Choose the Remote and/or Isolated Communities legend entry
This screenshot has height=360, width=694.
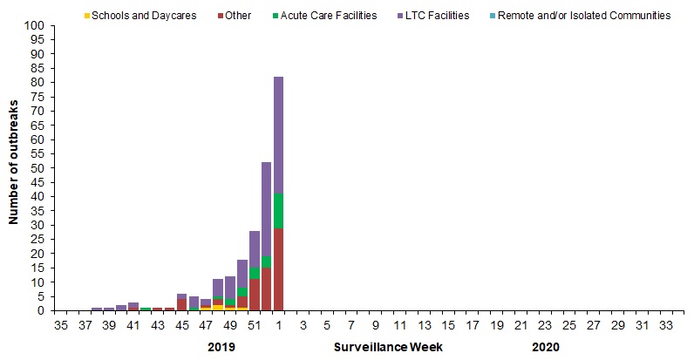point(582,16)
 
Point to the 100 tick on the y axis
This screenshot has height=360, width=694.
point(36,26)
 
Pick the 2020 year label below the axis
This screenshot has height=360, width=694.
point(546,346)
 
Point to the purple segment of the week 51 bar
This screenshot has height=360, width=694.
point(255,249)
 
